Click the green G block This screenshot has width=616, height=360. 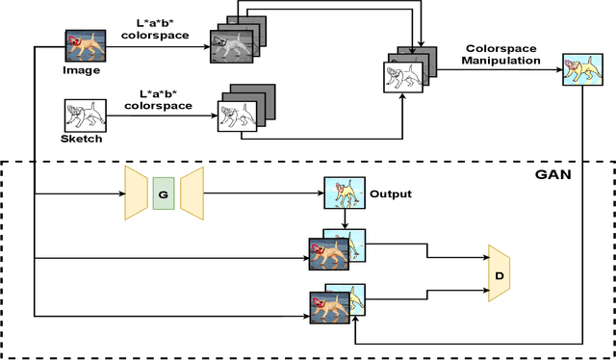pyautogui.click(x=163, y=193)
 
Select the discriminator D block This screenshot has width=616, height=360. pyautogui.click(x=499, y=272)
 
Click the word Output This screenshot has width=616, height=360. pyautogui.click(x=391, y=193)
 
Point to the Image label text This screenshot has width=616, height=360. pyautogui.click(x=82, y=69)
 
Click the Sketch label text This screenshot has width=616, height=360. pyautogui.click(x=82, y=139)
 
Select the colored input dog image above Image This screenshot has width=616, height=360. pyautogui.click(x=81, y=45)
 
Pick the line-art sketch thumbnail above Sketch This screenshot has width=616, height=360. pyautogui.click(x=81, y=116)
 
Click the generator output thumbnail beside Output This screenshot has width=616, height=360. pyautogui.click(x=341, y=193)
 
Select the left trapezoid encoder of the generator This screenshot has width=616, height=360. pyautogui.click(x=136, y=193)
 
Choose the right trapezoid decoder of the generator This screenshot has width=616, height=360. pyautogui.click(x=192, y=193)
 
